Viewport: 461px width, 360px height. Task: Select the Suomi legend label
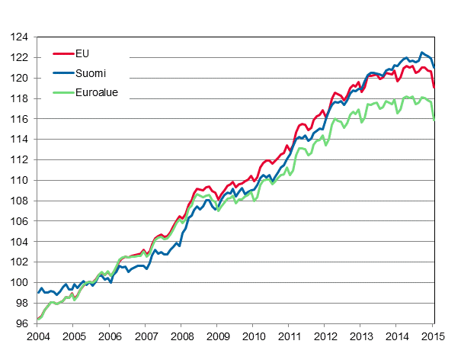pos(91,73)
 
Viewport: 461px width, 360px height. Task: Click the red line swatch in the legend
pos(62,53)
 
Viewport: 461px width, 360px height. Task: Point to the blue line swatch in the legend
pos(62,73)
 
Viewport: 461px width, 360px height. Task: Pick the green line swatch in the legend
pos(62,94)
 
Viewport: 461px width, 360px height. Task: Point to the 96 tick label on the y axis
pos(21,323)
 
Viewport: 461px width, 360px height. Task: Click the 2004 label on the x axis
pos(37,336)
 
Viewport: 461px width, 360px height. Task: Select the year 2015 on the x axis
pos(434,336)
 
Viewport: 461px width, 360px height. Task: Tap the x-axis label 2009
pos(217,336)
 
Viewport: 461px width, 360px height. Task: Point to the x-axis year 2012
pos(325,336)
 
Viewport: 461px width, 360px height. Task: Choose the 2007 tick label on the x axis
pos(146,336)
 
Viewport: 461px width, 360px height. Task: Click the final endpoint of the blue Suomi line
pos(434,66)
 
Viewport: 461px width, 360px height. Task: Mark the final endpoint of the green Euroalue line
pos(434,120)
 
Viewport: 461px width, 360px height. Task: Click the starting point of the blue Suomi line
pos(37,292)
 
